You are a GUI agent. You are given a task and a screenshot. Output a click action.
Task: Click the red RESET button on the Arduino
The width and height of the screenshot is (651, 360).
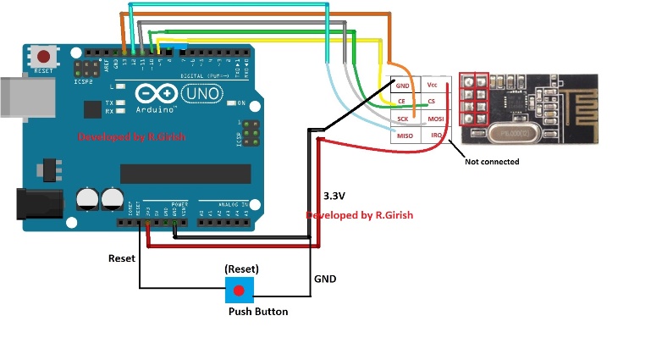point(43,57)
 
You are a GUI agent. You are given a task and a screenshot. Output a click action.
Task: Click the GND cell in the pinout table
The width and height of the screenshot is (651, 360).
point(402,86)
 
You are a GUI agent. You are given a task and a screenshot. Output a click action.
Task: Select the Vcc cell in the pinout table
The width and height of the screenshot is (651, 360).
point(433,86)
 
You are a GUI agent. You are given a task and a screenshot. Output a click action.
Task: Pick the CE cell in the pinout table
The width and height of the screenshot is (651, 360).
point(402,102)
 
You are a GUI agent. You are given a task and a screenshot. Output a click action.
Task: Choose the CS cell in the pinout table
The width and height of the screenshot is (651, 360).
point(433,102)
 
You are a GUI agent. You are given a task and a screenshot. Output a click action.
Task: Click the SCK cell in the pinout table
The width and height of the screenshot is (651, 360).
point(402,119)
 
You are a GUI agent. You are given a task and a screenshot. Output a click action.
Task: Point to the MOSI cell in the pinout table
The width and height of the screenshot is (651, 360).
point(434,119)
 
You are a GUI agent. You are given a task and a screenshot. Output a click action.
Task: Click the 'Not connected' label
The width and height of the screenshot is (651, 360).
point(492,161)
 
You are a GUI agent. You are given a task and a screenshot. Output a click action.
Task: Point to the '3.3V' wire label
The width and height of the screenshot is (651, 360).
point(334,196)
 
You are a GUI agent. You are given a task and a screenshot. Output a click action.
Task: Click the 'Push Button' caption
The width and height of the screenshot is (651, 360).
point(258,312)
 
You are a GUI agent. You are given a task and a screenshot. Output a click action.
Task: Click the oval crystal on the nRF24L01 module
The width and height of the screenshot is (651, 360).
point(513,133)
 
